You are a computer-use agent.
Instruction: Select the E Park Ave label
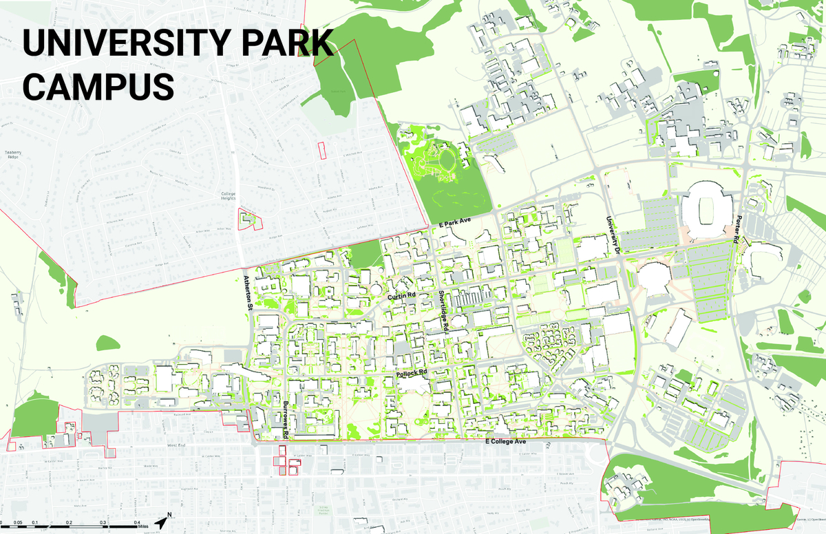coord(454,224)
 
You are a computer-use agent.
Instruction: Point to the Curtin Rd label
coord(402,296)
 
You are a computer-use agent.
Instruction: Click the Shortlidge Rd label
coord(443,313)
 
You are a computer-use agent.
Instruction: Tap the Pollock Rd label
coord(412,372)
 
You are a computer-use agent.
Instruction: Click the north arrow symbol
coord(162,522)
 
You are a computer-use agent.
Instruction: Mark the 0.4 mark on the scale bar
coord(138,524)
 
